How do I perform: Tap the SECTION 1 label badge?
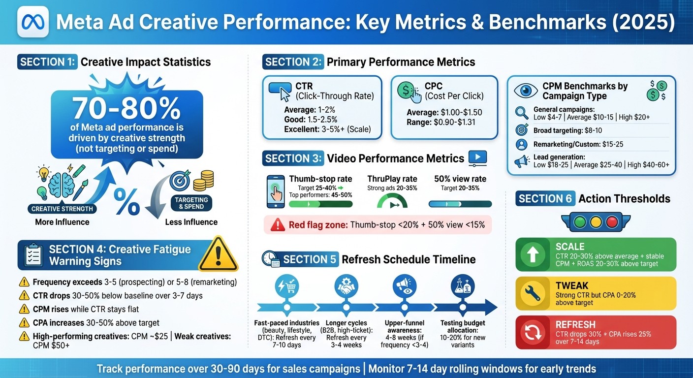tap(48, 62)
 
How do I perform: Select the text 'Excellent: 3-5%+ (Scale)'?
tap(327, 130)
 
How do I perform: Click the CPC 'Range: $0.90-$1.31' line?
tap(441, 122)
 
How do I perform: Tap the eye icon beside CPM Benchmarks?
tap(525, 91)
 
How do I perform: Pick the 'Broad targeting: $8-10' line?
tap(567, 130)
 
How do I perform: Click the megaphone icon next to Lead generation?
tap(522, 161)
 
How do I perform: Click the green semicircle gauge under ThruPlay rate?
tap(392, 201)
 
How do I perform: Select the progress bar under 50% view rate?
tap(460, 203)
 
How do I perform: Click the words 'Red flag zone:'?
tap(317, 225)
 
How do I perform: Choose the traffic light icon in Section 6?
tap(596, 222)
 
